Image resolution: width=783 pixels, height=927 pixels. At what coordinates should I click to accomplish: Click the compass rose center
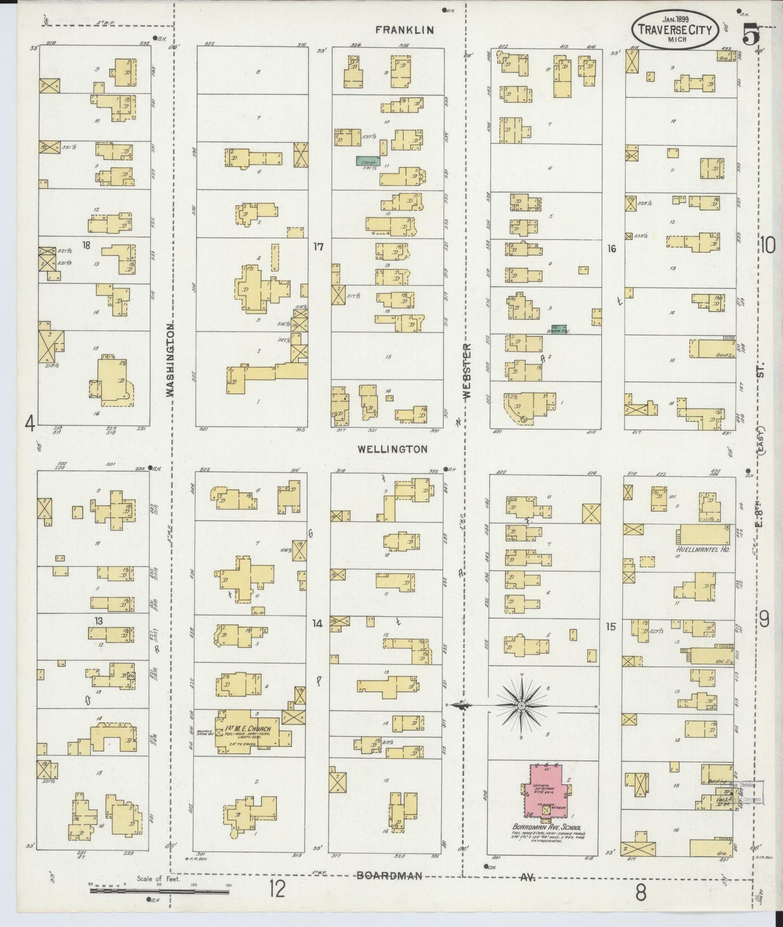click(x=521, y=705)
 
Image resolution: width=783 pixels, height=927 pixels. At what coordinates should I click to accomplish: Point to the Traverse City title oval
click(x=676, y=30)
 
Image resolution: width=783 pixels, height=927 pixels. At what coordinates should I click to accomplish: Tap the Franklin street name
click(x=406, y=30)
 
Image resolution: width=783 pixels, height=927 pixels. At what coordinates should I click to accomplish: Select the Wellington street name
click(x=393, y=449)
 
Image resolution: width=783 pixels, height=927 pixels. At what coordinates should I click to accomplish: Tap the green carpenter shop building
click(x=368, y=160)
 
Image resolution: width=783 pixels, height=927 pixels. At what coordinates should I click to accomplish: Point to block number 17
click(x=318, y=247)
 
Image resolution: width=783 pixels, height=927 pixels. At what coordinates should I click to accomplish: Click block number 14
click(x=317, y=624)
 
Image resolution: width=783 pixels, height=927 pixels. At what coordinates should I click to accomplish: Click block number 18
click(x=86, y=246)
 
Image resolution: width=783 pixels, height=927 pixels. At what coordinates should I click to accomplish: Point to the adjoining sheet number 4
click(x=31, y=423)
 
